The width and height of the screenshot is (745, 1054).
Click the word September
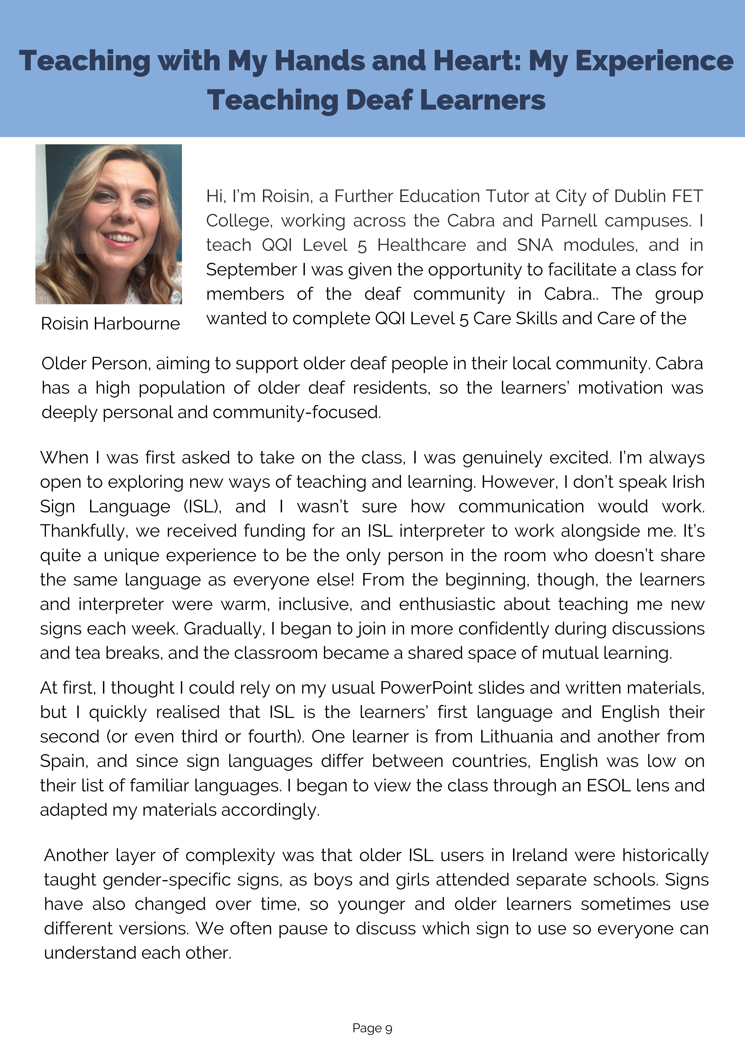point(251,270)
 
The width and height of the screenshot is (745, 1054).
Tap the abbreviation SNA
point(535,245)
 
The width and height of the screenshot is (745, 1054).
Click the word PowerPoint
point(426,688)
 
